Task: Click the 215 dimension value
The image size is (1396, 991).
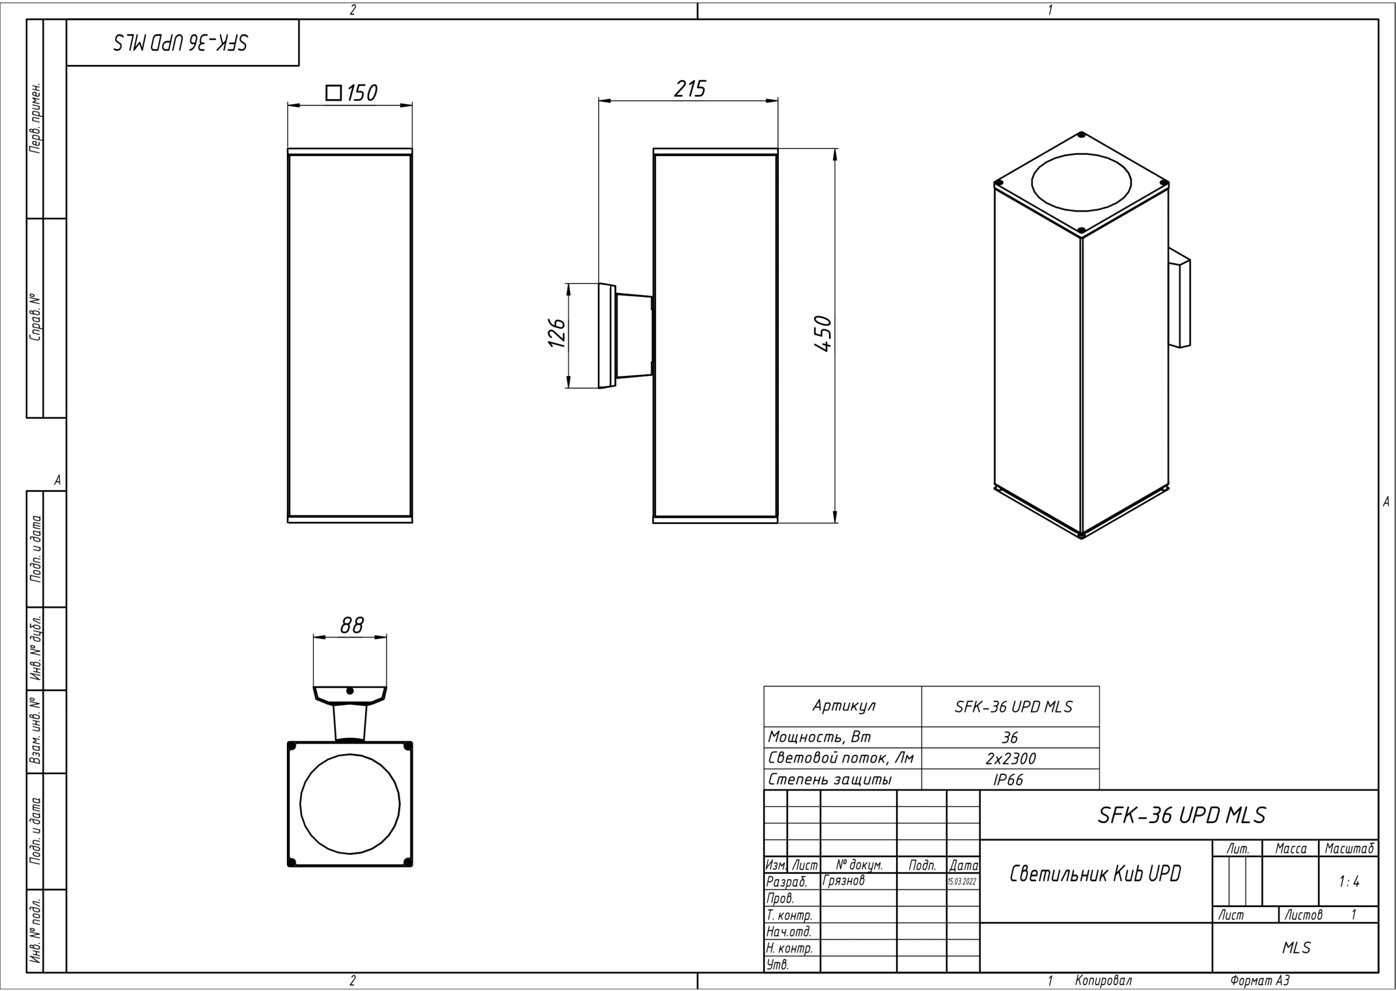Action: pyautogui.click(x=690, y=89)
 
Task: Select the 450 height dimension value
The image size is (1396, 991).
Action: pyautogui.click(x=823, y=334)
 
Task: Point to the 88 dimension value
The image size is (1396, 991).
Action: pyautogui.click(x=351, y=626)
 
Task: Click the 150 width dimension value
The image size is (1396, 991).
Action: pyautogui.click(x=363, y=93)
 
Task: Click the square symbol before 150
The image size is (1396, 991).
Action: pyautogui.click(x=334, y=93)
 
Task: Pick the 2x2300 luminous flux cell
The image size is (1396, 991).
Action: pyautogui.click(x=1010, y=759)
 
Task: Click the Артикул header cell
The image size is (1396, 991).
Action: pyautogui.click(x=844, y=706)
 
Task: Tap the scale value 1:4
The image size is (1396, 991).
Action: pyautogui.click(x=1349, y=882)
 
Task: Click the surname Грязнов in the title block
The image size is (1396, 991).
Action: pyautogui.click(x=843, y=880)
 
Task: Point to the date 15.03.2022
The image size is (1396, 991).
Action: pyautogui.click(x=962, y=882)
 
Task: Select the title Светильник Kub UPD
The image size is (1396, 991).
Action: pyautogui.click(x=1095, y=874)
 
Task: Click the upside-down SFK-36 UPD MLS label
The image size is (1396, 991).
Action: pyautogui.click(x=180, y=43)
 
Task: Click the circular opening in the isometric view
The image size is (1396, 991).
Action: pyautogui.click(x=1081, y=182)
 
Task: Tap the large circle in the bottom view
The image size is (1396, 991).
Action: pyautogui.click(x=350, y=804)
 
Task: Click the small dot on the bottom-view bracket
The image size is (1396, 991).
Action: pyautogui.click(x=350, y=692)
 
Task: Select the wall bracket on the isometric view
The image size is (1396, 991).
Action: pyautogui.click(x=1180, y=297)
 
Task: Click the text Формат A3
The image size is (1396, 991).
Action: pyautogui.click(x=1259, y=981)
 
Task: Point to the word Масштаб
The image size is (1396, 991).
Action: pyautogui.click(x=1349, y=849)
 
